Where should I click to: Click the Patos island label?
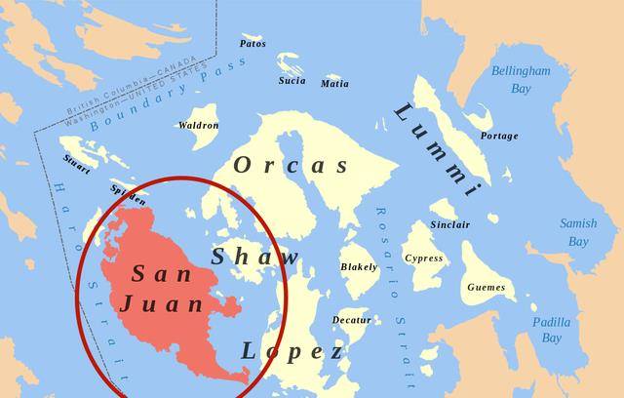253,44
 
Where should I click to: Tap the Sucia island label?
292,81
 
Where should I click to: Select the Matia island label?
334,84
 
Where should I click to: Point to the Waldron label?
198,126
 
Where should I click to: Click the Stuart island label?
77,164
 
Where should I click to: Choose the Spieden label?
129,194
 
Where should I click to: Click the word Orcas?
291,165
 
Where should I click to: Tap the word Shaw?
255,257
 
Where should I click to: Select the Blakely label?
359,267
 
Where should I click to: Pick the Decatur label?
351,320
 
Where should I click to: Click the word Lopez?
292,351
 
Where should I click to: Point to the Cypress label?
423,259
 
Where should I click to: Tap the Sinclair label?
449,225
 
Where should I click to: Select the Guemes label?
486,288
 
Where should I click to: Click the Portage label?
499,137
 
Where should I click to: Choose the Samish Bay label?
578,232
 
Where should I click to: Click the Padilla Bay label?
552,330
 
